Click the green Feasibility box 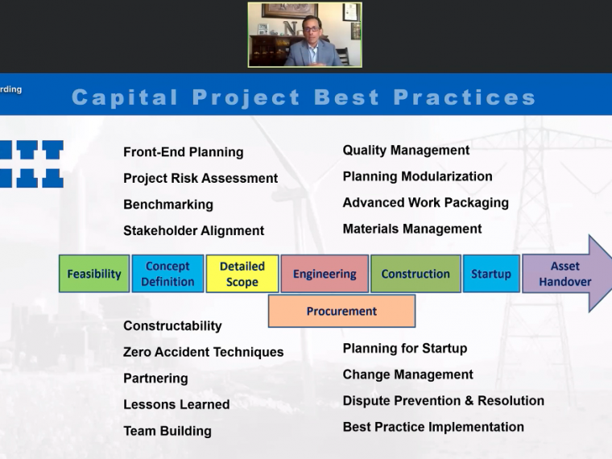94,274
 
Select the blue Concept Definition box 167,274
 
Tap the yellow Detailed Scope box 242,274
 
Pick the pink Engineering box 325,274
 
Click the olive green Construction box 416,274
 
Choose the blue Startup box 491,274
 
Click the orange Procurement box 342,311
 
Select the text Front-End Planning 184,152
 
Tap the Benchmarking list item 168,205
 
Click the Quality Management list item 406,151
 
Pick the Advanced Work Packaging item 425,203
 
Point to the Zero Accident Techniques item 204,352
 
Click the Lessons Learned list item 176,404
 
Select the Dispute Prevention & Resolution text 444,401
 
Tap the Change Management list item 408,374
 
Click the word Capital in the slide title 125,97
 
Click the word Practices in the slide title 465,97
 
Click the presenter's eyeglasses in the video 311,29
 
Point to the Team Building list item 167,431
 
